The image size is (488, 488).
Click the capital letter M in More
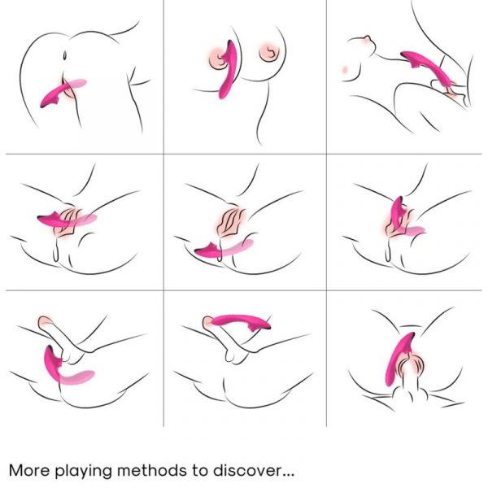[x=15, y=470]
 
